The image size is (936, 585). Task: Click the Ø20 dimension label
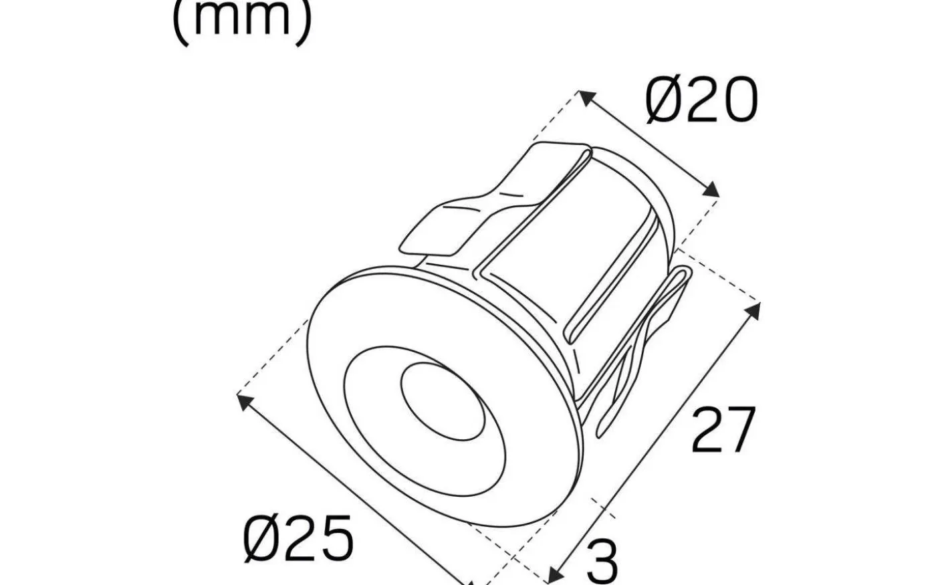[702, 100]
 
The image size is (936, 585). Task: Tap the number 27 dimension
[723, 429]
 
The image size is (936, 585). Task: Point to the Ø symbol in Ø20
[665, 100]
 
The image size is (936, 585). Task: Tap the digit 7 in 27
[740, 429]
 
